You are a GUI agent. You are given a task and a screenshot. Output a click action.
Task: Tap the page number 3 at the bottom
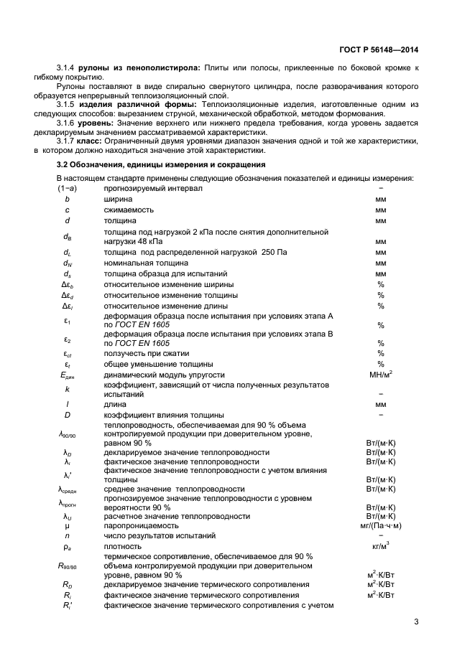point(416,622)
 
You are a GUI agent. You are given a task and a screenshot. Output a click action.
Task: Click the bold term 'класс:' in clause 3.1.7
point(101,141)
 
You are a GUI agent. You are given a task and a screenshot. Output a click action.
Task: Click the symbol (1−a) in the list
point(67,188)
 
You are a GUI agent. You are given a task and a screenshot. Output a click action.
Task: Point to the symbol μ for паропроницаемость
point(67,525)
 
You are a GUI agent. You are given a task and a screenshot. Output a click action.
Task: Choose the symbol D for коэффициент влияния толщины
point(67,415)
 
